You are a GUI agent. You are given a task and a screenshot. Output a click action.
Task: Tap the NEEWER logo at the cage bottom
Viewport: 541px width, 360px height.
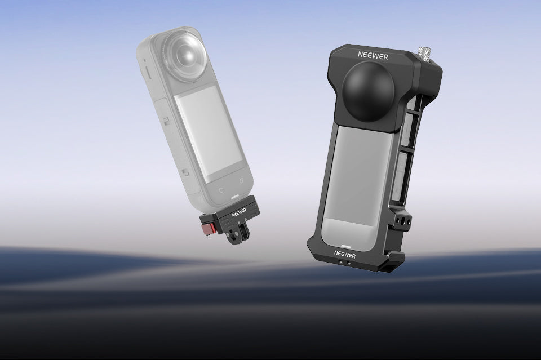(345, 254)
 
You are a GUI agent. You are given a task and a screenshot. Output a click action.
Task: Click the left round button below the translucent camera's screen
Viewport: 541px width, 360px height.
(220, 189)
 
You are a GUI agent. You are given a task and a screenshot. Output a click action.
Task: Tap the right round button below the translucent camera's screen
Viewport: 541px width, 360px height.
(242, 182)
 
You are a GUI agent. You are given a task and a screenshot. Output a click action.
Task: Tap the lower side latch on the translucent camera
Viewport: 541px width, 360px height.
(183, 172)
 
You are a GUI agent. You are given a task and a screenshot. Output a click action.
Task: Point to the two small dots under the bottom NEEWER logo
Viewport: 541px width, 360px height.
(344, 263)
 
